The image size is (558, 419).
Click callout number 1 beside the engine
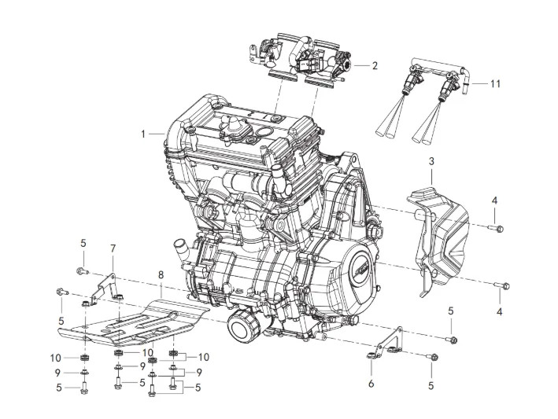pos(143,134)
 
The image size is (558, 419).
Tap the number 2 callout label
pos(375,66)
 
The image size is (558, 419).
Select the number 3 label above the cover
pos(431,162)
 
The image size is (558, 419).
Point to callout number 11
pos(495,84)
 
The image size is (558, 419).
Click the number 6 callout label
pos(371,384)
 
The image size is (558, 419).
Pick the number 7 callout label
pos(113,248)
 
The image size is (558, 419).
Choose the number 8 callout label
pos(161,274)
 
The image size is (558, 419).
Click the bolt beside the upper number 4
pos(499,228)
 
